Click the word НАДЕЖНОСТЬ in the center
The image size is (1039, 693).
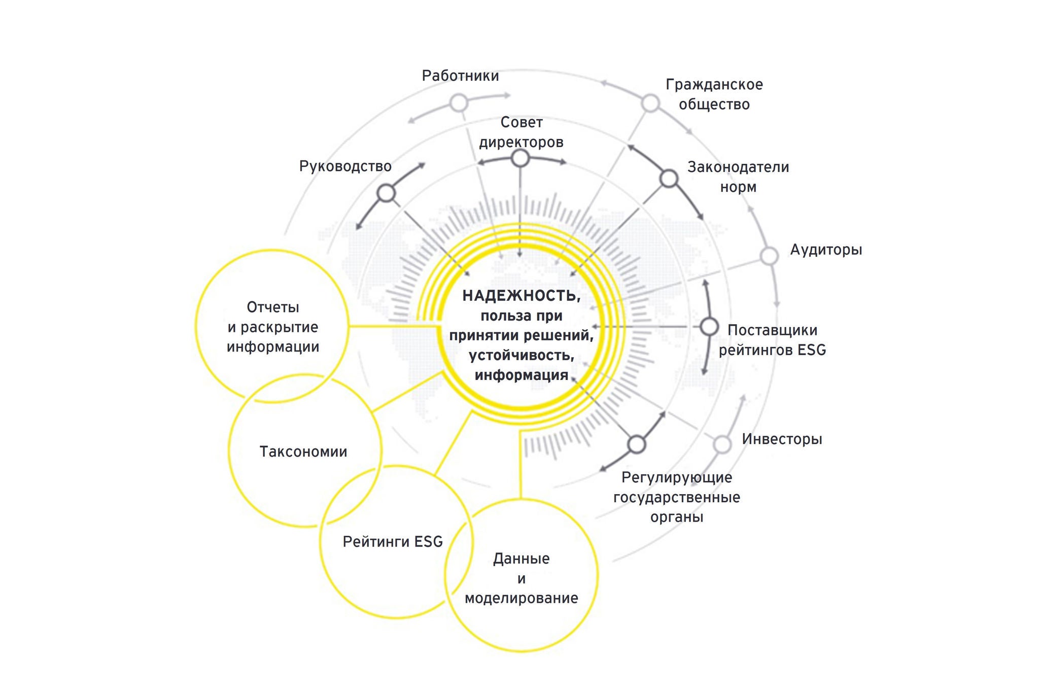(x=521, y=296)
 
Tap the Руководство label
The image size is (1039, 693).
(x=345, y=166)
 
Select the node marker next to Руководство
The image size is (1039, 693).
(x=387, y=193)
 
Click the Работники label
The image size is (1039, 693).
(x=460, y=76)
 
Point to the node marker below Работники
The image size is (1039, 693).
(x=459, y=103)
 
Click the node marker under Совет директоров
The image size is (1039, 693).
(x=520, y=158)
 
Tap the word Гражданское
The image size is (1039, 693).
(x=714, y=85)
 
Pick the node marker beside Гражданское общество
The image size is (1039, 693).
(x=650, y=103)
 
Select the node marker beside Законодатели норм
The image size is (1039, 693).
(x=669, y=179)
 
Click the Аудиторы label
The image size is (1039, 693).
(x=826, y=250)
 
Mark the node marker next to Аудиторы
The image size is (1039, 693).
(x=770, y=256)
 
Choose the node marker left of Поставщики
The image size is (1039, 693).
(x=709, y=327)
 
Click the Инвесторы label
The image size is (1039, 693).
(x=782, y=439)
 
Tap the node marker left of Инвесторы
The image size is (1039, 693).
(x=722, y=444)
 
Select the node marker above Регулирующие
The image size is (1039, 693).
(x=637, y=444)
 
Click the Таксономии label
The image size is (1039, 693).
(x=303, y=452)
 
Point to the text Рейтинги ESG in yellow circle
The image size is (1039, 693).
(x=393, y=542)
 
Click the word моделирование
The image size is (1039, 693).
(x=521, y=598)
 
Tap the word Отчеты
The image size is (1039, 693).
(x=273, y=307)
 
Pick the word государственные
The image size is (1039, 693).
(x=676, y=497)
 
